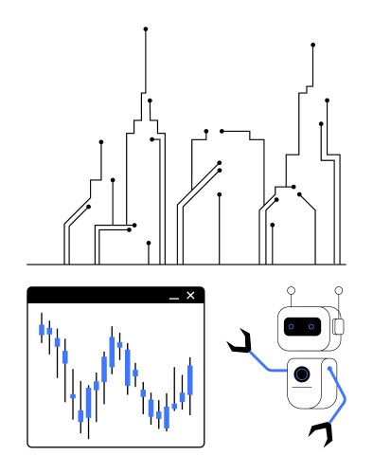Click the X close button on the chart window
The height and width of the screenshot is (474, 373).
pyautogui.click(x=191, y=296)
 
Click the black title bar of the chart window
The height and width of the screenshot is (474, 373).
pyautogui.click(x=104, y=296)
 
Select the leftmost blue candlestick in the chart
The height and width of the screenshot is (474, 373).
pyautogui.click(x=42, y=330)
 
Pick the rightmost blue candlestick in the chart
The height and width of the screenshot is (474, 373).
pyautogui.click(x=191, y=378)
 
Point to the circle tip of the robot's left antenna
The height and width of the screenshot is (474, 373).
pyautogui.click(x=292, y=288)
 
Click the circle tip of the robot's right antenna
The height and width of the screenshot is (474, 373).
pyautogui.click(x=339, y=288)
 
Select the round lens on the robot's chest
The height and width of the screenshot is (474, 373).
pyautogui.click(x=301, y=374)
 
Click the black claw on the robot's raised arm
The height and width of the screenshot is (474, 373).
pyautogui.click(x=240, y=342)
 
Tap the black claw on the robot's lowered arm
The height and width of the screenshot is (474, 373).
pyautogui.click(x=325, y=433)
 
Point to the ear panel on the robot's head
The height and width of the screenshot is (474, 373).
pyautogui.click(x=338, y=327)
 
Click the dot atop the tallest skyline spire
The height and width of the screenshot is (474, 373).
pyautogui.click(x=146, y=29)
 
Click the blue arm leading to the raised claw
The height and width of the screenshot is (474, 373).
pyautogui.click(x=268, y=364)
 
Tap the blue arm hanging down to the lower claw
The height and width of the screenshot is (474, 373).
pyautogui.click(x=338, y=398)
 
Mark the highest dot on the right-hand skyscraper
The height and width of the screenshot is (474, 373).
pyautogui.click(x=313, y=45)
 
